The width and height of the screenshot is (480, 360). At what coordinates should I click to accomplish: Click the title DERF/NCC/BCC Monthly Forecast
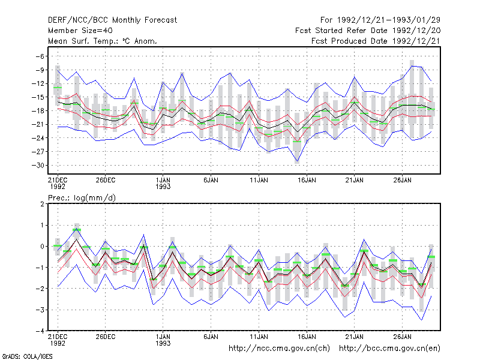112,20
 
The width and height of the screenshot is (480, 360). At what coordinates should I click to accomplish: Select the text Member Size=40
80,31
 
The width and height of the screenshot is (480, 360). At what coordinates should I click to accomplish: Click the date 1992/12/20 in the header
416,31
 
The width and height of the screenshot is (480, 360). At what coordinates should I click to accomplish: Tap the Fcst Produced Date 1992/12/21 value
416,41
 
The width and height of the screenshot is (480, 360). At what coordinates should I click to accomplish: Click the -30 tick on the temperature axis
38,166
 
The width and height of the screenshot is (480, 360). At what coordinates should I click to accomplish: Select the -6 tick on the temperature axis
40,56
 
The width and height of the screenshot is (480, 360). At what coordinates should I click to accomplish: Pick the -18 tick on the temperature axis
38,111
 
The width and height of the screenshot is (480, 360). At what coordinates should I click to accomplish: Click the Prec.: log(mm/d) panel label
82,198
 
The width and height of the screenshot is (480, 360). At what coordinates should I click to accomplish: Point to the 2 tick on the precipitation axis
42,204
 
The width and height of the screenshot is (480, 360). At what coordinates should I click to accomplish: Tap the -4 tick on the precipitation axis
40,331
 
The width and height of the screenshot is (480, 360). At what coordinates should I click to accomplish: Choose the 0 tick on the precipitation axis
42,247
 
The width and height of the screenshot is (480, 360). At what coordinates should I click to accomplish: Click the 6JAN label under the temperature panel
211,181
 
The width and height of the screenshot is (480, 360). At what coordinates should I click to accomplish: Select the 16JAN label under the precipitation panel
307,337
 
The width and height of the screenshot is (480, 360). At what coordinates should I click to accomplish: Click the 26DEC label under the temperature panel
106,181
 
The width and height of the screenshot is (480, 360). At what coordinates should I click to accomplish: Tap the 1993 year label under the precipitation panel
163,343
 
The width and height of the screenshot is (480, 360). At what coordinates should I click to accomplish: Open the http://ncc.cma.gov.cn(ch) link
279,349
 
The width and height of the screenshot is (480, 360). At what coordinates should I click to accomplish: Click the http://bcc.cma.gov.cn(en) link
389,349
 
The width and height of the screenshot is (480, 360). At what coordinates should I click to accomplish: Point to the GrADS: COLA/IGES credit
27,356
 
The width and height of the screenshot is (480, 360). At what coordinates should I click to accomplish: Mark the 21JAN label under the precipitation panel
355,337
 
